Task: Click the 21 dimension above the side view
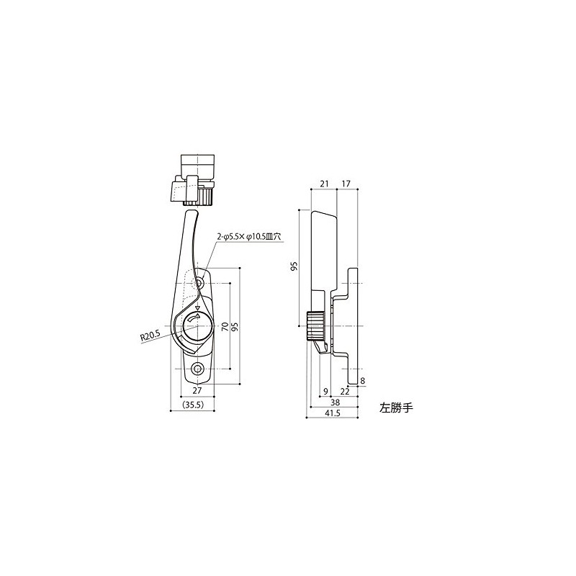coord(323,184)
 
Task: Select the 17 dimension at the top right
coord(346,184)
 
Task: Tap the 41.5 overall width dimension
coord(333,413)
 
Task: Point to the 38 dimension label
coord(335,402)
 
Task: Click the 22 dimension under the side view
coord(345,392)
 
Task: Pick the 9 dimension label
coord(325,392)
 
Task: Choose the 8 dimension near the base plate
coord(363,381)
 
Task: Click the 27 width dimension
coord(197,391)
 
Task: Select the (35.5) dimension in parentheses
coord(193,405)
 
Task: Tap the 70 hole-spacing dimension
coord(225,326)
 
